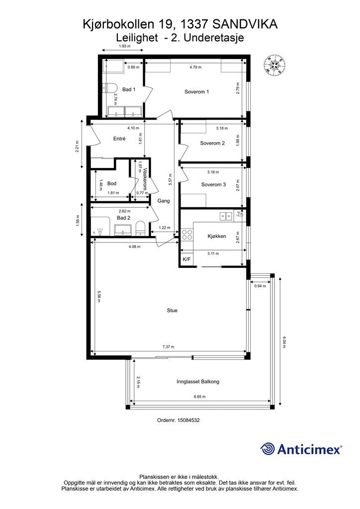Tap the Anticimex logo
(x=301, y=449)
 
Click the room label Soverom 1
(x=197, y=92)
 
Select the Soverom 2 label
(x=213, y=143)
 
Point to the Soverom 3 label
(x=214, y=185)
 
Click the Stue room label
(x=172, y=311)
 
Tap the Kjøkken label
(x=217, y=236)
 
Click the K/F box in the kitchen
(x=186, y=259)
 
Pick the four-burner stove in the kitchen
(x=186, y=235)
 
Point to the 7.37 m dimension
(x=168, y=347)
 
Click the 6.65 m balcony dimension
(x=199, y=397)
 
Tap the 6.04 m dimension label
(x=284, y=342)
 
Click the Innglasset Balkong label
(x=198, y=382)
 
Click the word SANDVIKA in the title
(x=245, y=24)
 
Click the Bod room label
(x=112, y=184)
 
